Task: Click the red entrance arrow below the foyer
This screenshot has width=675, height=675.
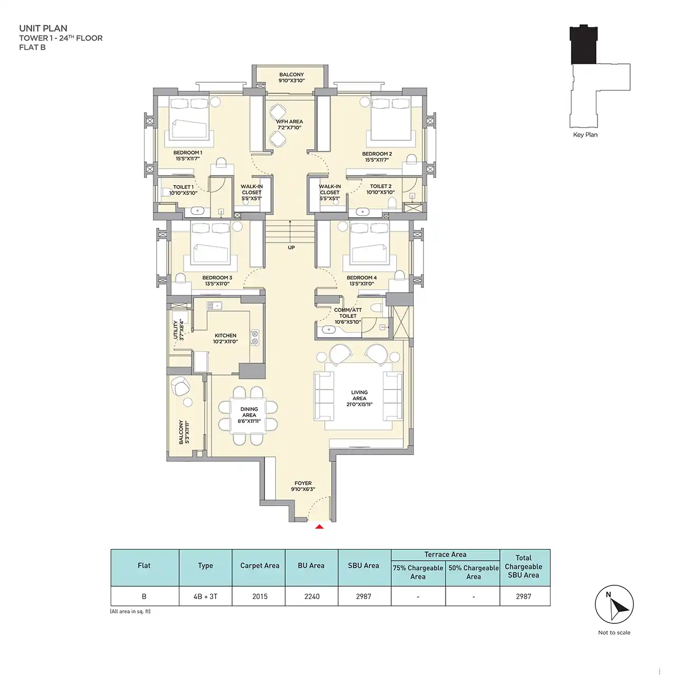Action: pos(319,526)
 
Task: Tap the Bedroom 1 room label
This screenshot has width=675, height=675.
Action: pos(188,156)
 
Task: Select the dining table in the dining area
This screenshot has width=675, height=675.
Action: pos(248,416)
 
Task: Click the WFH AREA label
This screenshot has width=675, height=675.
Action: pos(290,124)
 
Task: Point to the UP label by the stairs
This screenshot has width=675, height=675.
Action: pos(291,247)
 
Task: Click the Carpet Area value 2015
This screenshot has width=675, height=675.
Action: pos(259,596)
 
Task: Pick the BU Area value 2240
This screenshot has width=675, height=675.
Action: pos(312,596)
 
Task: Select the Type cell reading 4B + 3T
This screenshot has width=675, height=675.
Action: pos(205,596)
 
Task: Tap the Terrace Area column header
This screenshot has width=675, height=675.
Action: pos(445,554)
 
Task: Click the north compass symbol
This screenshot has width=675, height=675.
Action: pos(614,604)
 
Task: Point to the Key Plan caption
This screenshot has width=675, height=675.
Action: pos(585,134)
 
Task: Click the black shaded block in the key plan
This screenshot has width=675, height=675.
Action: pos(584,44)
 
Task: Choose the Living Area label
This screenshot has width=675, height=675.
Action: pos(360,398)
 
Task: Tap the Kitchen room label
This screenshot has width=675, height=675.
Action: pos(225,339)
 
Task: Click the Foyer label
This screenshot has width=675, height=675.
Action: pos(303,486)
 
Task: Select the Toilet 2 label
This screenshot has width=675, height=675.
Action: pos(380,189)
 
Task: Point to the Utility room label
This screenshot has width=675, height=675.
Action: pos(178,329)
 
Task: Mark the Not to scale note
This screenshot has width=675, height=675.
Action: pos(614,632)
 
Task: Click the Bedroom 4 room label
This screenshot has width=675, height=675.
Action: pos(362,281)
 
